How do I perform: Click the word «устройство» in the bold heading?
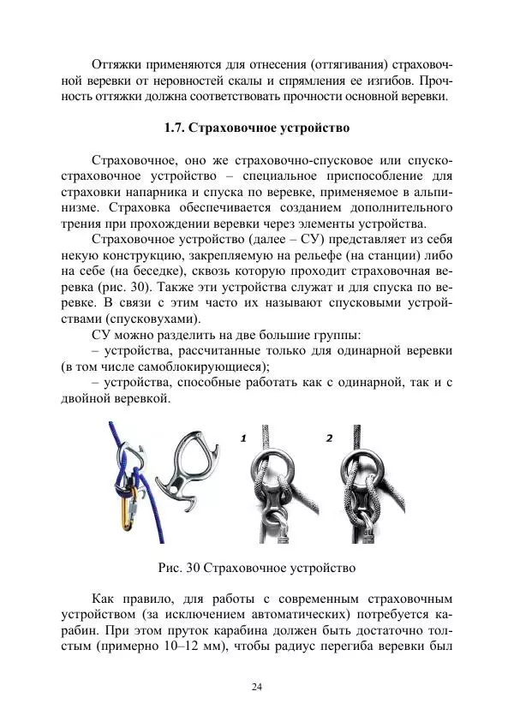311,129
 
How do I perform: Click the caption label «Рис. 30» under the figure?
182,567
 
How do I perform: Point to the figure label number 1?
244,438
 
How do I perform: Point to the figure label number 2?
329,438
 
